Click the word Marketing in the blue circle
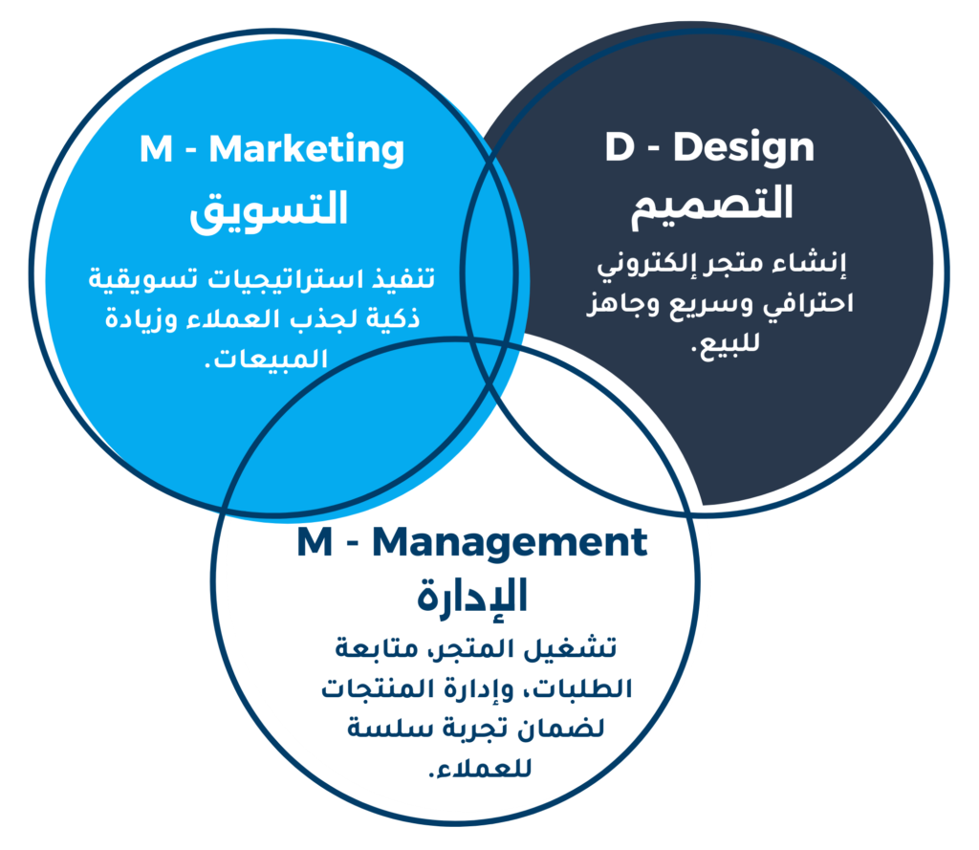click(x=307, y=150)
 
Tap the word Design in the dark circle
click(x=744, y=148)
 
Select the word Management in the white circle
click(x=510, y=543)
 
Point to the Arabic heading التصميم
click(x=711, y=206)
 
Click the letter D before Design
click(x=619, y=147)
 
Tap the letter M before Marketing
click(x=156, y=149)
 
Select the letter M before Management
click(x=315, y=542)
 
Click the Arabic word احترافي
click(x=811, y=305)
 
